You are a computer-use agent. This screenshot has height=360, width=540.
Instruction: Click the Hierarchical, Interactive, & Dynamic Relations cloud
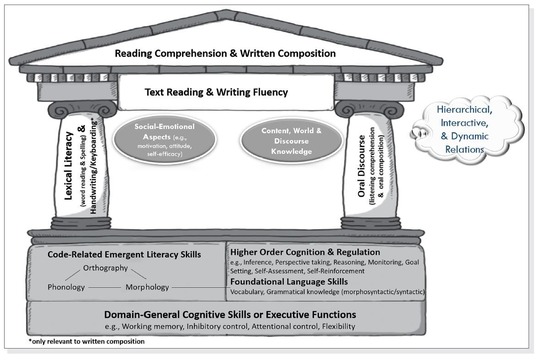[469, 129]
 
